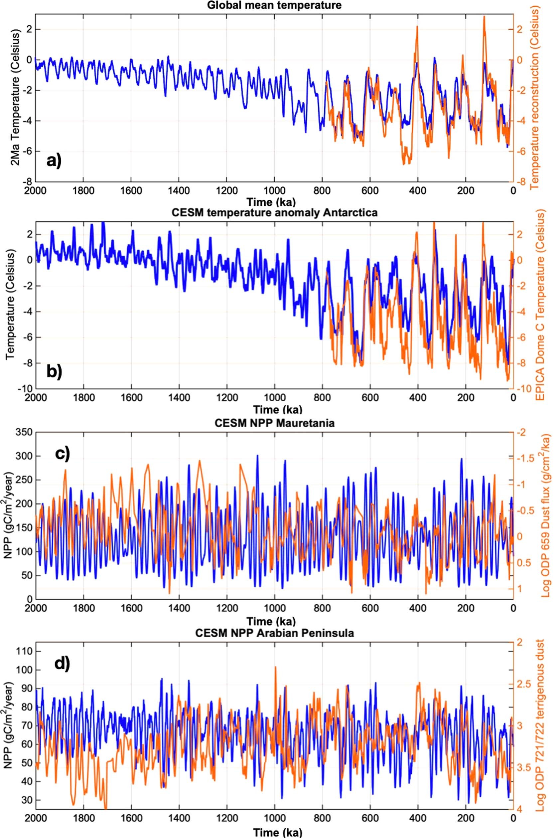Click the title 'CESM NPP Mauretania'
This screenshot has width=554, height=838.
[274, 423]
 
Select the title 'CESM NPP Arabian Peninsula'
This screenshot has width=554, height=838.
[274, 633]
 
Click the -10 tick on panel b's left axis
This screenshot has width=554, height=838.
[25, 389]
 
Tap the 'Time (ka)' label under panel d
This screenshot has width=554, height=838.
[274, 833]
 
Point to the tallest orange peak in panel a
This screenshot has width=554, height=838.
[484, 16]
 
